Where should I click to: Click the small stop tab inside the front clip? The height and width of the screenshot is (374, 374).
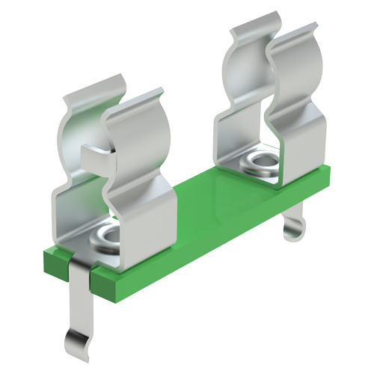pos(96,156)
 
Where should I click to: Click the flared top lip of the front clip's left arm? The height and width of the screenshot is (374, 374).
pos(91,94)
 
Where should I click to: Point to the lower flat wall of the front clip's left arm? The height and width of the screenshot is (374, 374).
pos(71,217)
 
